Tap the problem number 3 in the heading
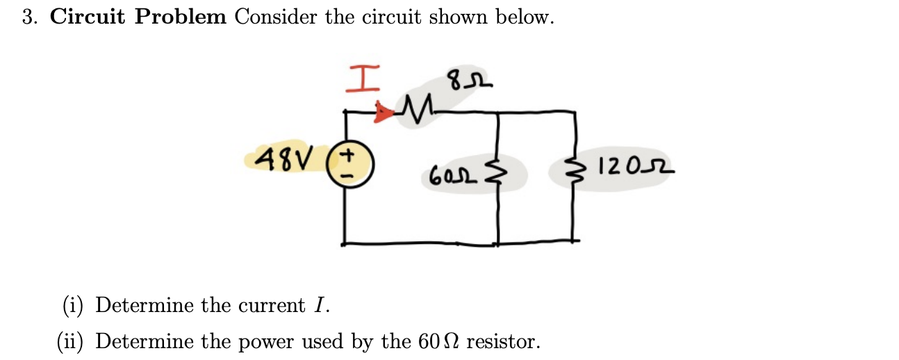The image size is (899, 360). (x=28, y=17)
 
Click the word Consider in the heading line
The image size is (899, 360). (x=277, y=17)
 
